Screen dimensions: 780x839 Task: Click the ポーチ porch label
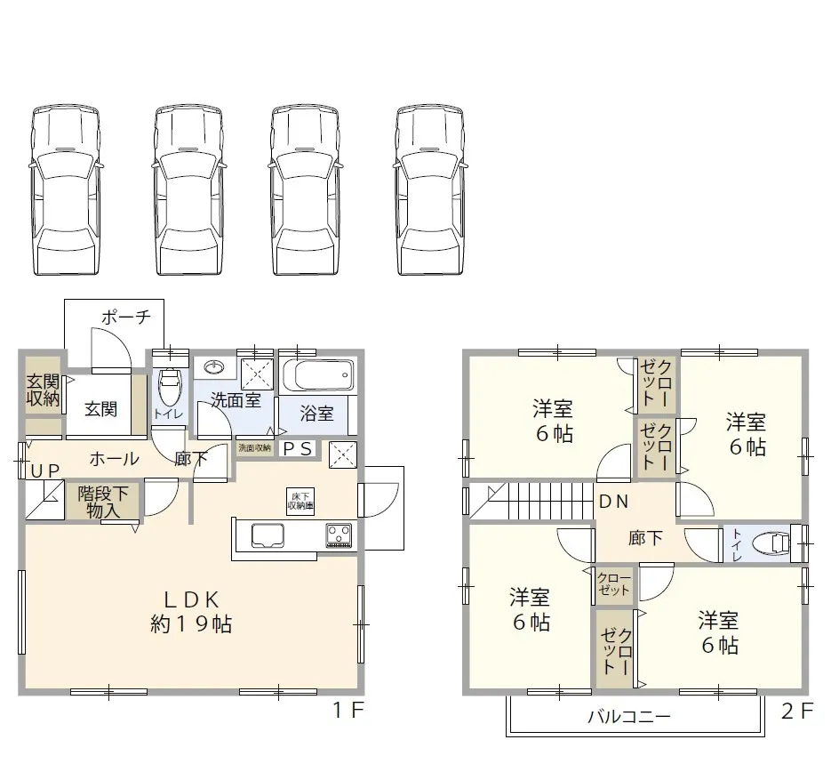click(x=126, y=317)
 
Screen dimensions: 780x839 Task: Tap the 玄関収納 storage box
click(x=43, y=390)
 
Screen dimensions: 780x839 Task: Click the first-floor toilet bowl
click(x=168, y=387)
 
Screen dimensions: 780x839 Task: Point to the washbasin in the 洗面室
click(x=213, y=367)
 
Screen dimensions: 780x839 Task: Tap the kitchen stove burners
click(x=339, y=535)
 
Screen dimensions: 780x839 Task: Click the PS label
click(x=298, y=449)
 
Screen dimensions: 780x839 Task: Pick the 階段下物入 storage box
click(x=102, y=502)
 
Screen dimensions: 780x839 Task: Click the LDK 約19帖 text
click(x=191, y=611)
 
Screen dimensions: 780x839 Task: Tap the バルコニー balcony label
click(x=628, y=717)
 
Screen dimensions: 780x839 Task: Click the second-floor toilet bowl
click(x=769, y=542)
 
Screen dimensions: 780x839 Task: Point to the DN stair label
click(x=612, y=502)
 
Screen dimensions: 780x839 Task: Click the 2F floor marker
click(x=797, y=711)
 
